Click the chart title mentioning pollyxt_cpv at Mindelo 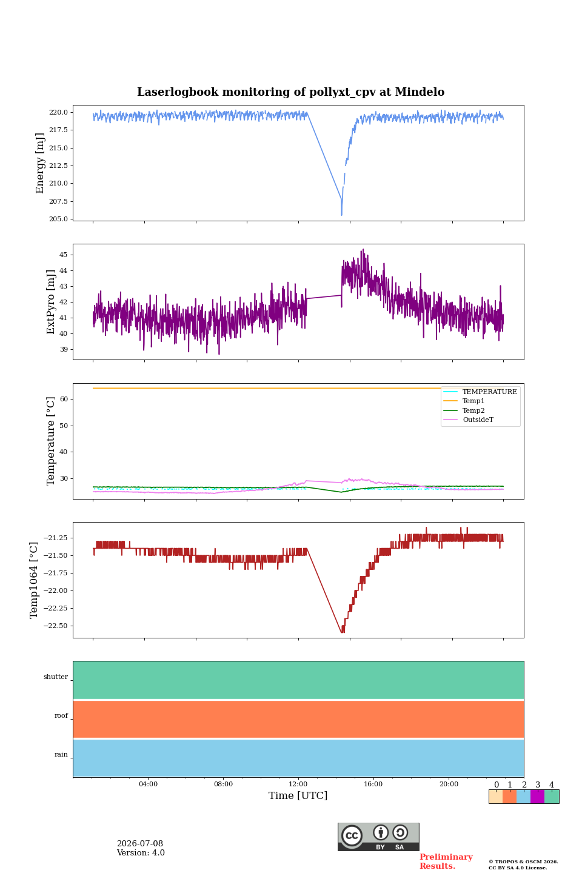coord(290,92)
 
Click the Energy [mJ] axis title coord(40,163)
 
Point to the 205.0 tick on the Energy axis coord(58,219)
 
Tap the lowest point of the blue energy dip coord(341,215)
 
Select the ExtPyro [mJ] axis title coord(51,302)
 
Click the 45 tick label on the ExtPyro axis coord(63,255)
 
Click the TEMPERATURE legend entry coord(480,392)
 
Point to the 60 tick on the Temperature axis coord(64,399)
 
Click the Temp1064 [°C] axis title coord(34,580)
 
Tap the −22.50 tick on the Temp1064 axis coord(55,626)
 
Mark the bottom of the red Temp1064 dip coord(343,632)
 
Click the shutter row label coord(56,677)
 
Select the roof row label coord(61,715)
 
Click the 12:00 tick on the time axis coord(298,784)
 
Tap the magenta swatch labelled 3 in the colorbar coord(537,797)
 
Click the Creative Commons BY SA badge coord(378,837)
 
